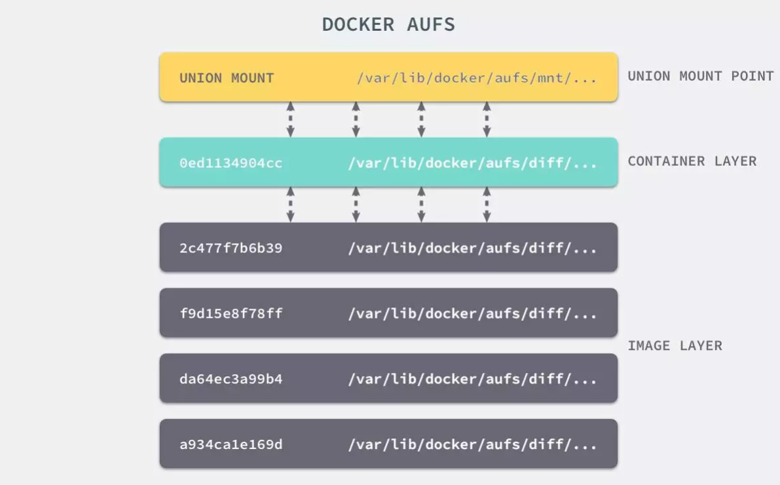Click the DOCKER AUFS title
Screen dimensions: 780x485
[388, 25]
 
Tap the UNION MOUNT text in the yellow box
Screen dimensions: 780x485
[227, 78]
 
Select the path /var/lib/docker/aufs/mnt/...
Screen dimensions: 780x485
[477, 78]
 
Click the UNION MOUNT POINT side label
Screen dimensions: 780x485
[701, 76]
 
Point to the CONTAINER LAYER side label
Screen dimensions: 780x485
[692, 161]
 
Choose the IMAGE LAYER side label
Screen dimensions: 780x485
[675, 345]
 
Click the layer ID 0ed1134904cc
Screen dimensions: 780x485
[231, 163]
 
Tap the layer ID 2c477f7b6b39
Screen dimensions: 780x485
[231, 248]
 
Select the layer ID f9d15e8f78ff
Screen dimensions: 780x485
[231, 313]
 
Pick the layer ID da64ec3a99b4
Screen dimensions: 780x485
[231, 379]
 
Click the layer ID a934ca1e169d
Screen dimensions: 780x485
[231, 444]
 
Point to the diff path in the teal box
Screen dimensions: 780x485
[472, 163]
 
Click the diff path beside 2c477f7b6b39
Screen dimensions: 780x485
[472, 248]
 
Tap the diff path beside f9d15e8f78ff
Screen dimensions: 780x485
[472, 313]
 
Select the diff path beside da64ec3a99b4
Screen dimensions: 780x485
[472, 379]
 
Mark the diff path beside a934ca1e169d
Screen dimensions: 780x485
[472, 444]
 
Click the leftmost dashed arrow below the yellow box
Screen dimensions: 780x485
[290, 119]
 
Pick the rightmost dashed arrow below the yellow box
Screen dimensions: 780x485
[487, 119]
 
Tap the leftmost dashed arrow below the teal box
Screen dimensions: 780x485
[290, 204]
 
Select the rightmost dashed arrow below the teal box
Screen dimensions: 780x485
[487, 204]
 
